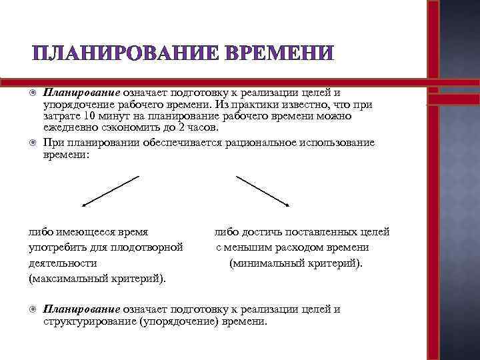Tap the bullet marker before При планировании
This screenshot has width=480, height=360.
pyautogui.click(x=33, y=143)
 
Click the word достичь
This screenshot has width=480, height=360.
pyautogui.click(x=259, y=233)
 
